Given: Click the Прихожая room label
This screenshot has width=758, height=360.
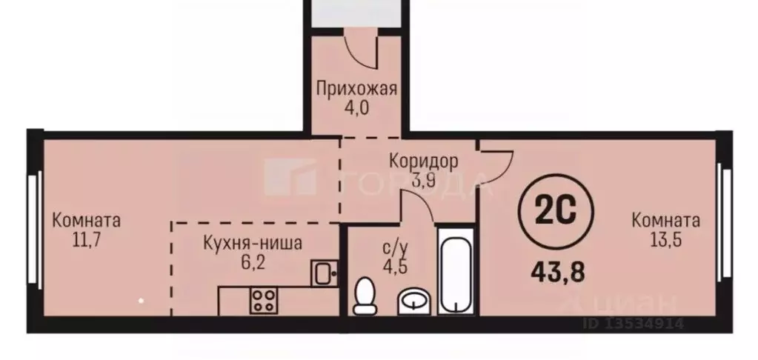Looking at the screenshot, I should pyautogui.click(x=356, y=89).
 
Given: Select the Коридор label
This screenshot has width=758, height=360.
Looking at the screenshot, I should pyautogui.click(x=423, y=160).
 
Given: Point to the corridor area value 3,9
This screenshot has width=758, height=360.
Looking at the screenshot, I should pyautogui.click(x=423, y=178).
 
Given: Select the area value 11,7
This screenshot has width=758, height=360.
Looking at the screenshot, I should pyautogui.click(x=87, y=239).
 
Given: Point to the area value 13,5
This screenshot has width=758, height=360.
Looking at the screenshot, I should pyautogui.click(x=665, y=239).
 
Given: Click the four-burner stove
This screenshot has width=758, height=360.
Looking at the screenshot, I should pyautogui.click(x=262, y=301).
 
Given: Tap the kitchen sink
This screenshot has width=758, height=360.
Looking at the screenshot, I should pyautogui.click(x=324, y=273).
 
